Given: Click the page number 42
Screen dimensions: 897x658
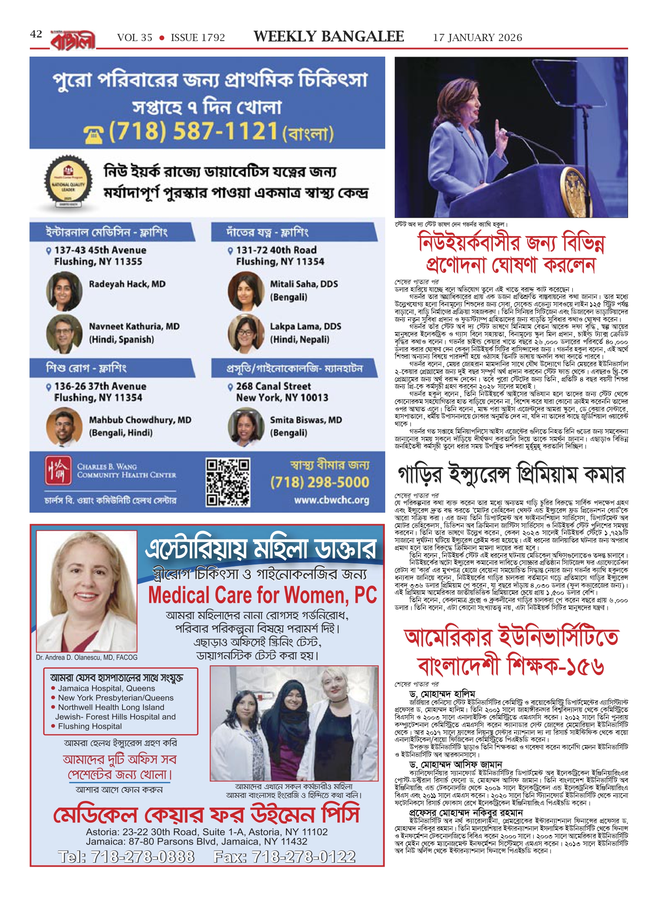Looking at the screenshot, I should (x=36, y=34).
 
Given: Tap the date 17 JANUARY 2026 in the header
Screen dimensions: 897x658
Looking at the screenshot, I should (x=477, y=37).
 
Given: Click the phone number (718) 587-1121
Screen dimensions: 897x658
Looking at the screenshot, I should (x=193, y=131).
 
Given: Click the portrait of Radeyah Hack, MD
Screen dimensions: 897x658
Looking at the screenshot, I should (x=64, y=291).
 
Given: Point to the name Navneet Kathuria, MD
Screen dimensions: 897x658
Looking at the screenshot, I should (x=134, y=326).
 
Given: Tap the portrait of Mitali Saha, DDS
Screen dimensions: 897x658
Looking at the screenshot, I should (x=245, y=291).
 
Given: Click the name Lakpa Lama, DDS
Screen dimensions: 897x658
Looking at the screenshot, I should (x=305, y=326).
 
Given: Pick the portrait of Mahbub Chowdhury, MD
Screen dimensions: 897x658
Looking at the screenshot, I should (x=64, y=426).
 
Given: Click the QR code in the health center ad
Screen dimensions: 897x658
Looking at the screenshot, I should (x=228, y=482).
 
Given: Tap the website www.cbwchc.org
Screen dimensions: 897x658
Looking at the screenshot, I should (x=331, y=500).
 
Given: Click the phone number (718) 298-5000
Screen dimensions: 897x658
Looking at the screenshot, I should (x=319, y=482).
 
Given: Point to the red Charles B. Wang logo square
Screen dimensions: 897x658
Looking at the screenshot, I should (x=58, y=470).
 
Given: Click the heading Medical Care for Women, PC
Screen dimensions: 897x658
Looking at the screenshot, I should (x=262, y=596).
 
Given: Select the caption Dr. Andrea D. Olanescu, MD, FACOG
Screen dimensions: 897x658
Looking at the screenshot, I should (x=87, y=657).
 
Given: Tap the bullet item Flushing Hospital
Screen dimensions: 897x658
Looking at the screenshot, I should (x=90, y=726).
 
